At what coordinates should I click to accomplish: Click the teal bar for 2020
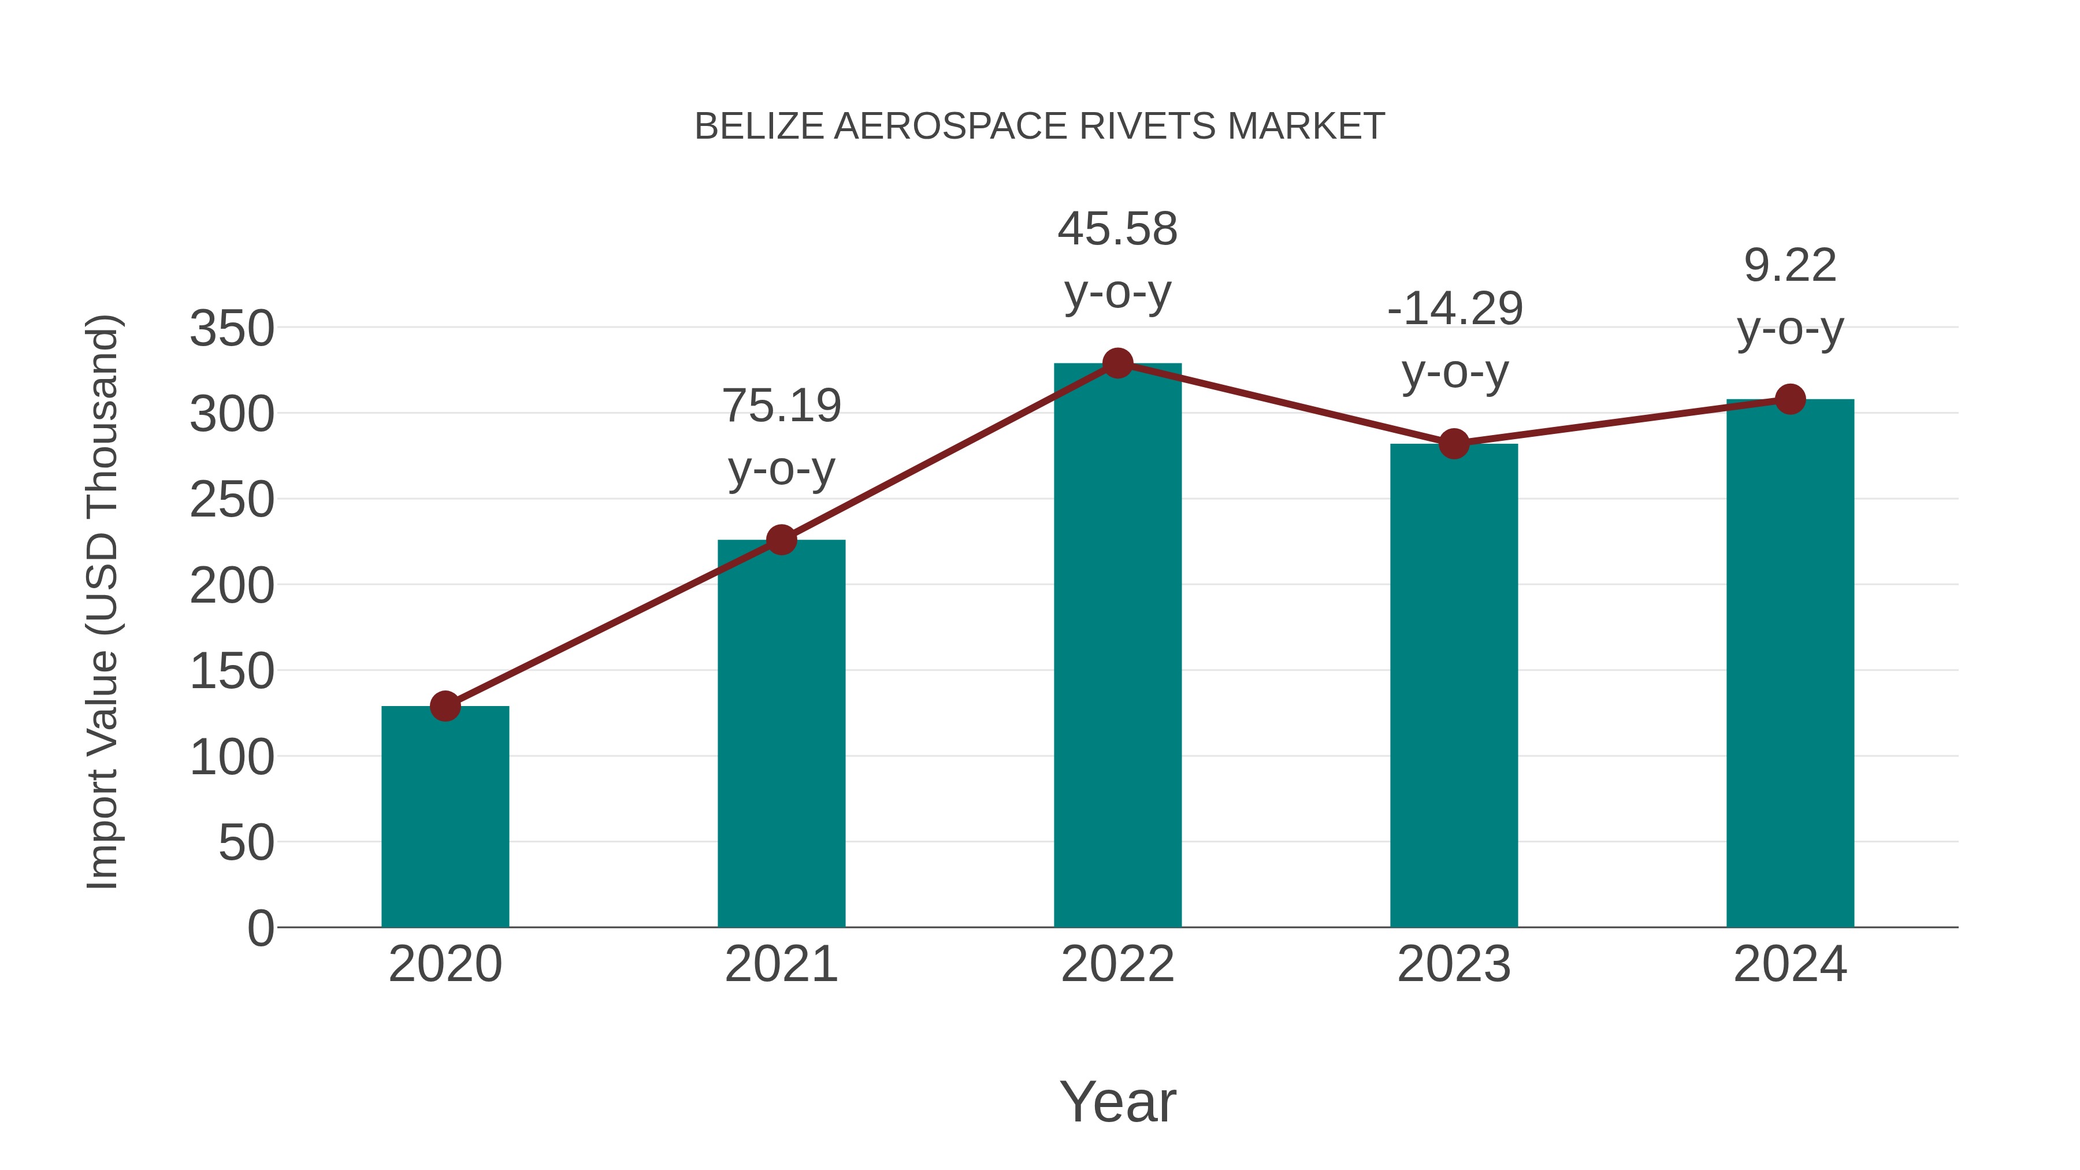pos(445,815)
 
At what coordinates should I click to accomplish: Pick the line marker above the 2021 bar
pos(781,540)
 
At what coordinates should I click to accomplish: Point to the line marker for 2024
pos(1790,399)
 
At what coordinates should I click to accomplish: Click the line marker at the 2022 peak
pos(1117,363)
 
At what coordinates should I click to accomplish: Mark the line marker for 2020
pos(445,705)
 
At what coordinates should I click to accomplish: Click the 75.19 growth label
pos(781,406)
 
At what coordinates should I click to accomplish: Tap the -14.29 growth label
pos(1454,309)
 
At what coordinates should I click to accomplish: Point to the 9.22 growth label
pos(1790,266)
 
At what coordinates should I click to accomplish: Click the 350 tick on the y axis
pos(232,329)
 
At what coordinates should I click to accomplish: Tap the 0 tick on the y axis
pos(260,928)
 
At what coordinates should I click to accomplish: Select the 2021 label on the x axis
pos(781,964)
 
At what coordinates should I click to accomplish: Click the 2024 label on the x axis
pos(1790,964)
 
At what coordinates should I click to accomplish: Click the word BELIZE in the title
pos(759,127)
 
